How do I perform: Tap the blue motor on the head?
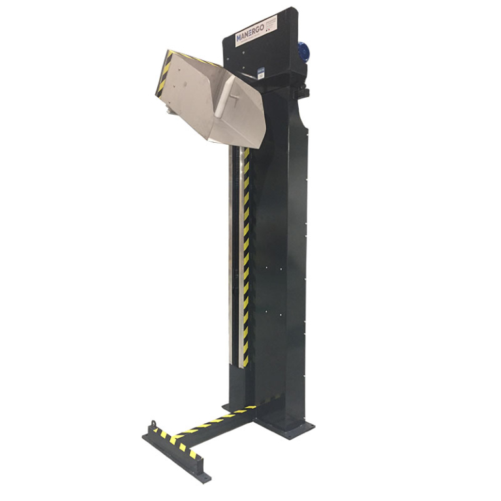pyautogui.click(x=304, y=53)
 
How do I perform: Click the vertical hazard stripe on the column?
pyautogui.click(x=246, y=261)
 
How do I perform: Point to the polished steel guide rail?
pyautogui.click(x=233, y=261)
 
